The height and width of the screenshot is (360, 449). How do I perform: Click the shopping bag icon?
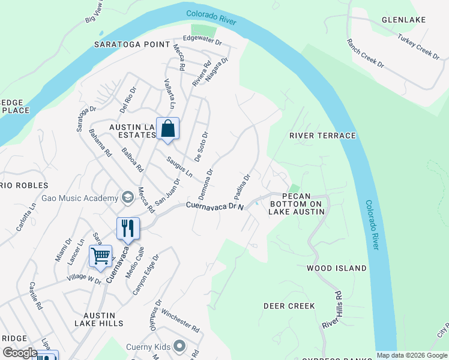pyautogui.click(x=167, y=128)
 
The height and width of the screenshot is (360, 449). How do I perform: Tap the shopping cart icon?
pyautogui.click(x=100, y=256)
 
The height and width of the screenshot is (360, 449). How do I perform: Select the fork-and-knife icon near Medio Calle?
pyautogui.click(x=128, y=228)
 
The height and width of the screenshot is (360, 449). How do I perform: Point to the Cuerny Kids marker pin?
pyautogui.click(x=179, y=346)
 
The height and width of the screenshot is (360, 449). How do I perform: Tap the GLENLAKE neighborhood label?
pyautogui.click(x=403, y=20)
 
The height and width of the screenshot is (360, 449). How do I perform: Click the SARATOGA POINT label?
pyautogui.click(x=131, y=45)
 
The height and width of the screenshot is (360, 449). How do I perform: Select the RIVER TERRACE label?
pyautogui.click(x=322, y=136)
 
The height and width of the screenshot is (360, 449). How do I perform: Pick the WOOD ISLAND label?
pyautogui.click(x=337, y=268)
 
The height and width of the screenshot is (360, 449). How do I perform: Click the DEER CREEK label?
pyautogui.click(x=289, y=306)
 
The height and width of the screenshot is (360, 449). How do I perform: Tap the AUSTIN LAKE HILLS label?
pyautogui.click(x=99, y=319)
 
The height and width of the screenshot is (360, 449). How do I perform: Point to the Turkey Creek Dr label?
pyautogui.click(x=418, y=45)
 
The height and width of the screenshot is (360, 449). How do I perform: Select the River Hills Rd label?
pyautogui.click(x=331, y=310)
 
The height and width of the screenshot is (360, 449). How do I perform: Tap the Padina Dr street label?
pyautogui.click(x=241, y=187)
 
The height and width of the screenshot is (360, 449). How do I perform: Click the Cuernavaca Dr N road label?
pyautogui.click(x=214, y=205)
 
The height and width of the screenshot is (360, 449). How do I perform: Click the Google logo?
pyautogui.click(x=20, y=353)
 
